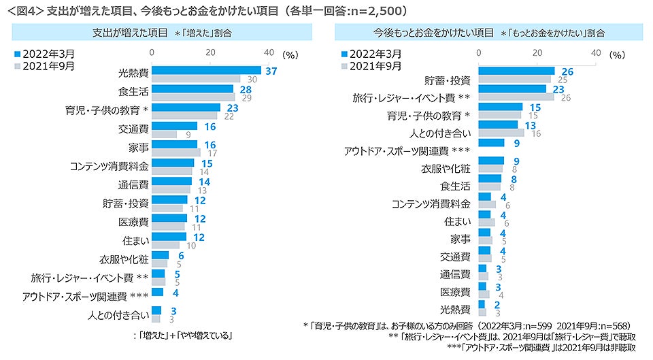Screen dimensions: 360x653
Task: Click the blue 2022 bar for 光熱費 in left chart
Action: click(x=207, y=70)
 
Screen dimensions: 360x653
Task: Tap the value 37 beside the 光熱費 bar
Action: click(x=271, y=70)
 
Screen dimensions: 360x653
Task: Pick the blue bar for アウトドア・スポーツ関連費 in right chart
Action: click(x=492, y=143)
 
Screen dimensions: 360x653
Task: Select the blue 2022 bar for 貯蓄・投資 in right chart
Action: click(x=517, y=70)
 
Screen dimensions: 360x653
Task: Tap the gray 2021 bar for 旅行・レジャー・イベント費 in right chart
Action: click(x=517, y=97)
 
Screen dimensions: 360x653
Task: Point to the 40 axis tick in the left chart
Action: click(x=268, y=52)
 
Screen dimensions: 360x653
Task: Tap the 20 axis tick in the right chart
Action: click(x=537, y=52)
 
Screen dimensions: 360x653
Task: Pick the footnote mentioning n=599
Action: click(x=469, y=325)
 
